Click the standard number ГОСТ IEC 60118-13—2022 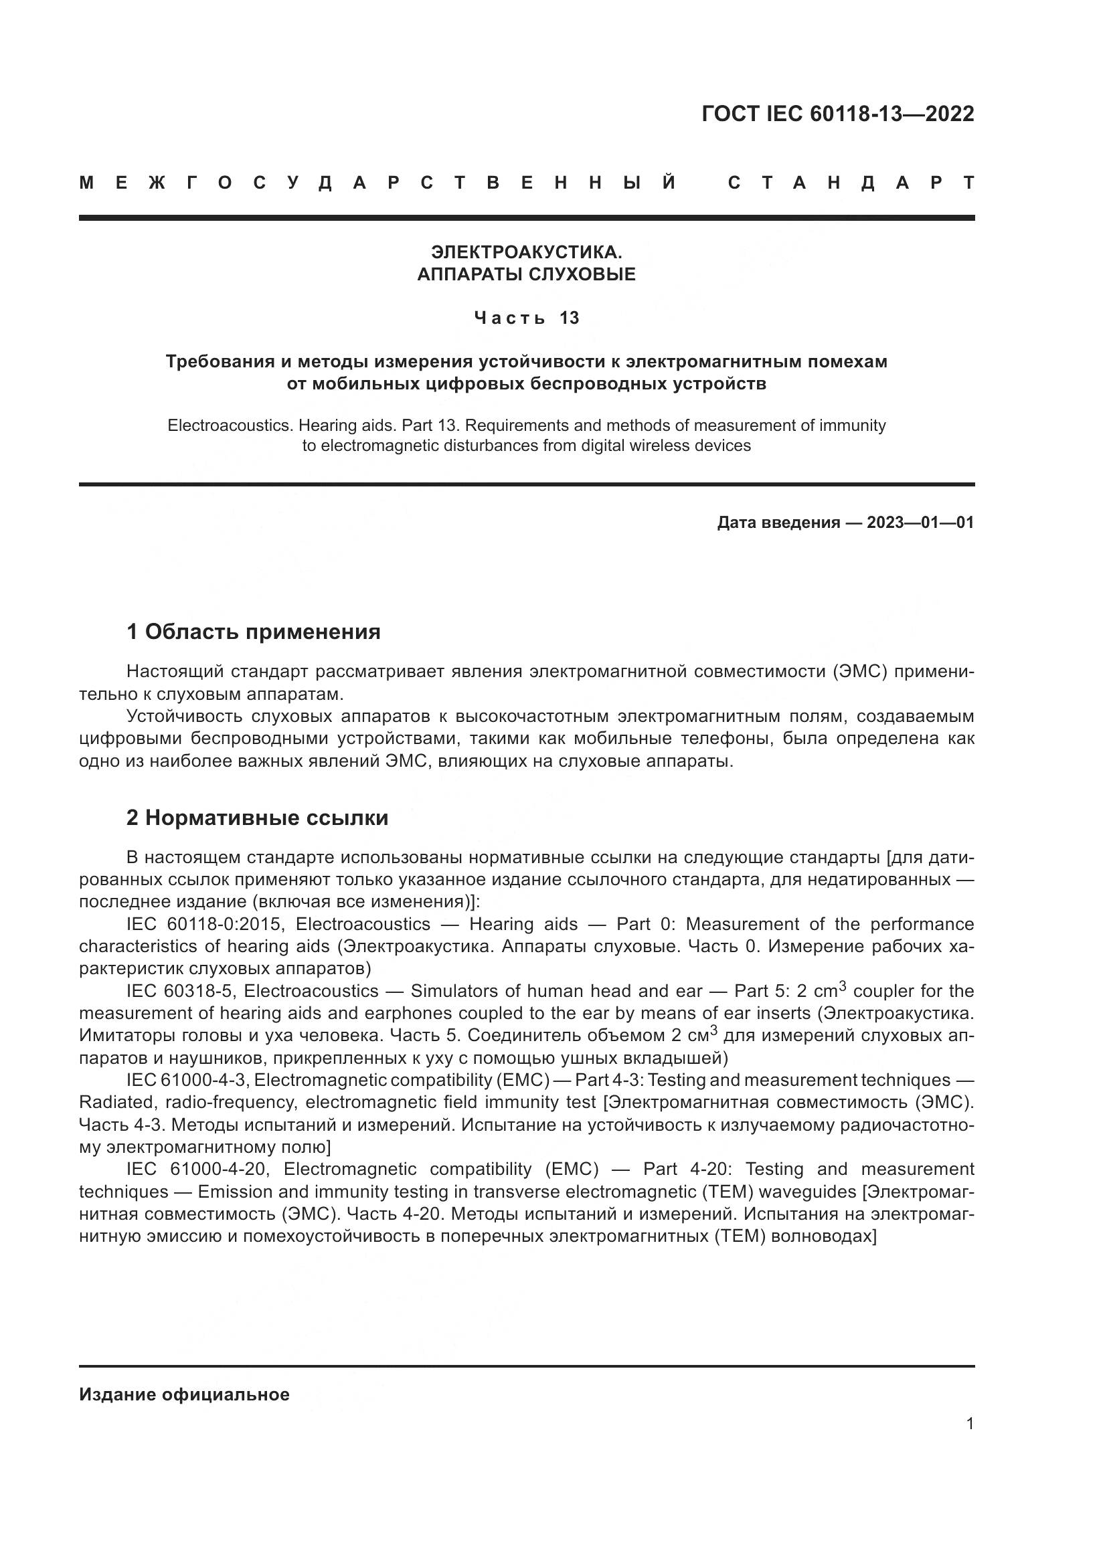click(x=837, y=114)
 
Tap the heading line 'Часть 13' click(x=526, y=318)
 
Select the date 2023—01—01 click(x=920, y=523)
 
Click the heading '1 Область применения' click(x=254, y=632)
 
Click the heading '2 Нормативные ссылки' click(x=257, y=817)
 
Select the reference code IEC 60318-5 click(x=179, y=991)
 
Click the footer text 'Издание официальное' click(x=184, y=1394)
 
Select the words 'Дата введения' click(x=778, y=523)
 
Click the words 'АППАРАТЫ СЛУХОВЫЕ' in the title click(x=526, y=275)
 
